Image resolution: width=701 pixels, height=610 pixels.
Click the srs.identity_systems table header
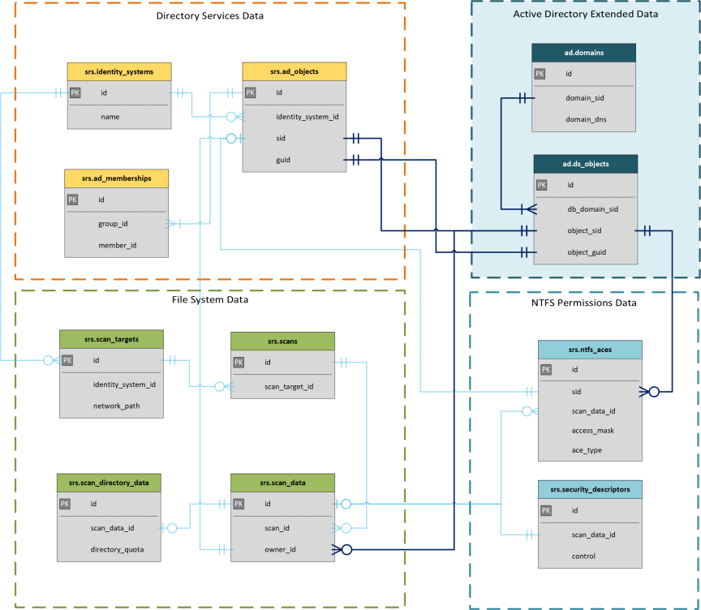[x=118, y=71]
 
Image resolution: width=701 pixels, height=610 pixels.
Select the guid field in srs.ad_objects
[x=283, y=160]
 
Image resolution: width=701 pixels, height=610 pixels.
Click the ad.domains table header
[x=584, y=52]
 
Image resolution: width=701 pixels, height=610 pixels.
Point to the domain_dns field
[x=587, y=119]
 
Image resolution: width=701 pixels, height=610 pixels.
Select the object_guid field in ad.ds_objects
[x=587, y=252]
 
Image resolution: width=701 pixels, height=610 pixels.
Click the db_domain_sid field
[x=592, y=208]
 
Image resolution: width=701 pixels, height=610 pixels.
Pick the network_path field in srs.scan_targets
[x=116, y=406]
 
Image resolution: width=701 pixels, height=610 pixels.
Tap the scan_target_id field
[x=288, y=387]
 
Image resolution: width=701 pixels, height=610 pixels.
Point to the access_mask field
[x=591, y=431]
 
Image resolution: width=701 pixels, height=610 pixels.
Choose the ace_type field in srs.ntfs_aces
[x=587, y=450]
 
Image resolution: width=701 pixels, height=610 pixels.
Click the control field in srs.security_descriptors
[x=583, y=556]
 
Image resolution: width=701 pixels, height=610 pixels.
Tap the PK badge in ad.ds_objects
[x=541, y=185]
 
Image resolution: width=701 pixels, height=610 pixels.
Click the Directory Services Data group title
[x=209, y=15]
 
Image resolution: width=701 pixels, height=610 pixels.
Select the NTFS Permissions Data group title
[x=584, y=303]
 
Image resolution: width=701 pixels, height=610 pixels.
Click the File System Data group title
[x=209, y=299]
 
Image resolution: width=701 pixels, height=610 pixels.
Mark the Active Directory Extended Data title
[x=586, y=15]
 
